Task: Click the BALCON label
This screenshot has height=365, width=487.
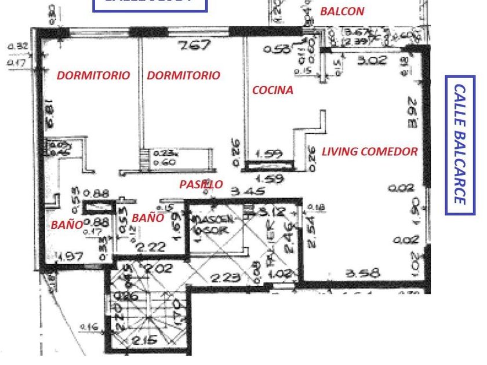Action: [342, 11]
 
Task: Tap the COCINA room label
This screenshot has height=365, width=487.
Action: [272, 90]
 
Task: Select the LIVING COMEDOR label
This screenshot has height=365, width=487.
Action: [370, 152]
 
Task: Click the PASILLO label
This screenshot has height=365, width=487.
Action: [201, 184]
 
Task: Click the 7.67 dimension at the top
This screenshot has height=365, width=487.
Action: [195, 46]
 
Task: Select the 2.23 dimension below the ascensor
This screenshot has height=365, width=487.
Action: [224, 278]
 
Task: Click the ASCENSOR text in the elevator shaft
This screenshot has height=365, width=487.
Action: [215, 224]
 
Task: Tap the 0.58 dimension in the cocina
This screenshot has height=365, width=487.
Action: [278, 50]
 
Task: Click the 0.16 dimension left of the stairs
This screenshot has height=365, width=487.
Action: [89, 327]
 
